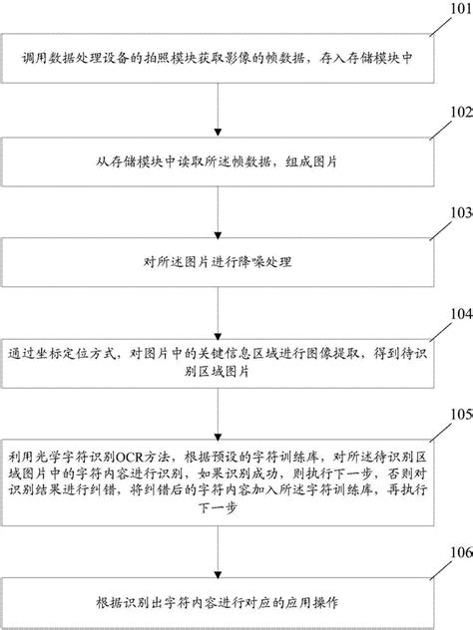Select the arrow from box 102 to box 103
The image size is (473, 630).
click(217, 209)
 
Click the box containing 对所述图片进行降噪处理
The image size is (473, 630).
click(217, 263)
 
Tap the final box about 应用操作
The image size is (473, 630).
click(217, 601)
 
